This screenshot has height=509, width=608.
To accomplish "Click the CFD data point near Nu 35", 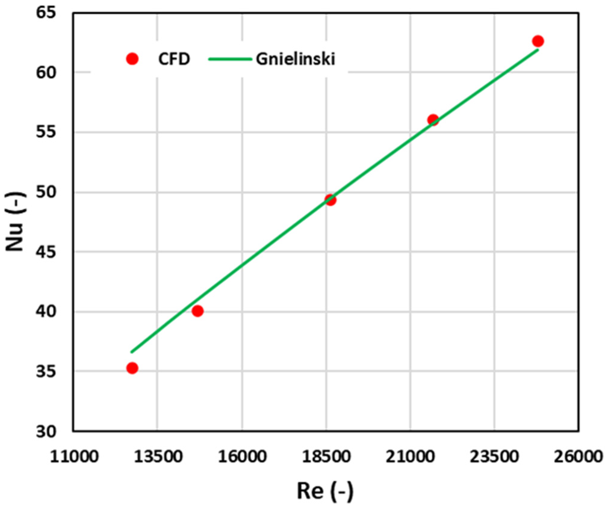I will point(132,368).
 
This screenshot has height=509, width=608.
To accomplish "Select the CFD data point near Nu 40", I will point(197,310).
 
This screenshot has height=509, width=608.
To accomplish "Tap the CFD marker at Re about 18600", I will point(330,200).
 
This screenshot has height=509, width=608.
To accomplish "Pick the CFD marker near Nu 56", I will point(433,120).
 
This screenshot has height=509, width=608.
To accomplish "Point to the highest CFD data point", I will point(538,41).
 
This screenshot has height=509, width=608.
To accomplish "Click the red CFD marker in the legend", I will point(132,59).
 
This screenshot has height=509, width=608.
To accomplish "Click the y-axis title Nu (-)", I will point(18,220).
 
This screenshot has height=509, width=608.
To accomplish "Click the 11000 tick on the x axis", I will point(73,457).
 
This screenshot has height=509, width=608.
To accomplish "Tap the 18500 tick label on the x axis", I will point(326,457).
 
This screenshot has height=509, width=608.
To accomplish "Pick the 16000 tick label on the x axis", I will point(241,457).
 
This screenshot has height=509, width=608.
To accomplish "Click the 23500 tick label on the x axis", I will point(494,457).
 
